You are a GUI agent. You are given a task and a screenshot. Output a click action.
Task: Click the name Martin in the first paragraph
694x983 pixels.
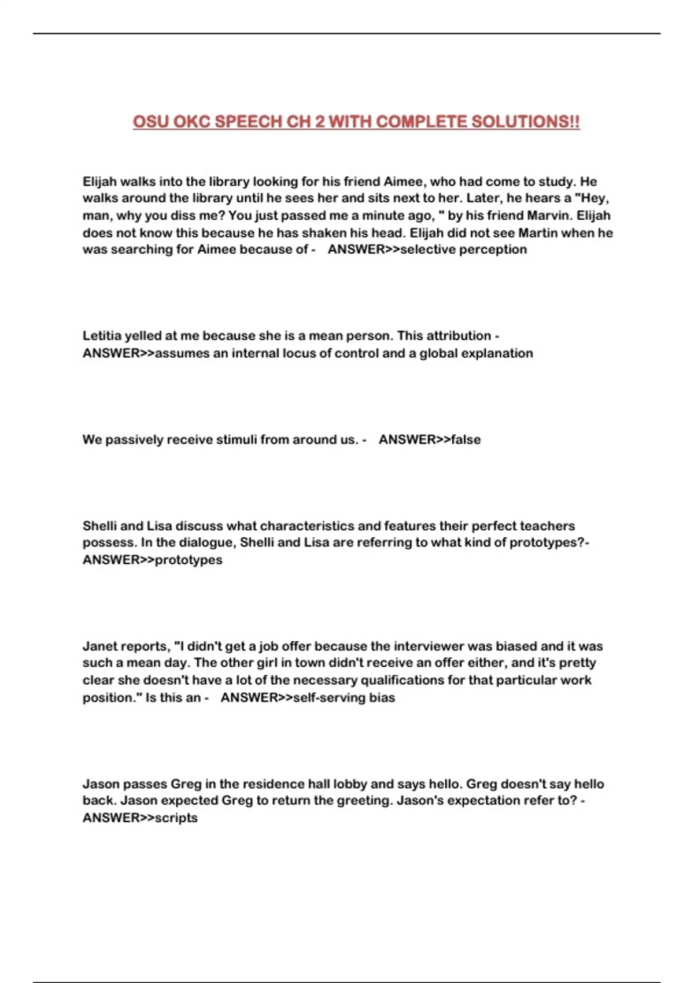coord(537,233)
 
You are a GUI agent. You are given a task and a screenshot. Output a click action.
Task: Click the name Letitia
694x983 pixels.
coord(101,336)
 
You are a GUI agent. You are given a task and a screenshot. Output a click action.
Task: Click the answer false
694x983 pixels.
coord(466,440)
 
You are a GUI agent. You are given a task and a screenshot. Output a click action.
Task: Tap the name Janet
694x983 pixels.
coord(99,646)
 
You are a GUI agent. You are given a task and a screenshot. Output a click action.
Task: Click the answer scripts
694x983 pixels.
coord(176,818)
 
